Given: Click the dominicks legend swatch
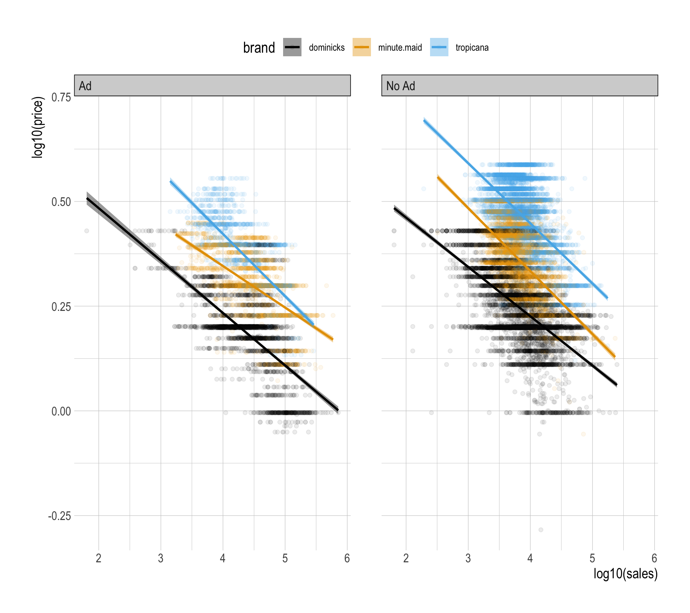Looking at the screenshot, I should pyautogui.click(x=292, y=47).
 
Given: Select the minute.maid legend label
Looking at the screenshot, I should pyautogui.click(x=400, y=48).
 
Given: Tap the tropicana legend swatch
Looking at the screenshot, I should pyautogui.click(x=439, y=47).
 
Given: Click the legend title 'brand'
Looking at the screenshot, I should pyautogui.click(x=259, y=48).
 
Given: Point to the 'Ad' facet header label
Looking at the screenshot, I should pyautogui.click(x=85, y=86).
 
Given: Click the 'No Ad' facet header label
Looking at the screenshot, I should pyautogui.click(x=401, y=86).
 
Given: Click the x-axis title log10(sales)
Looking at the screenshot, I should pyautogui.click(x=625, y=573).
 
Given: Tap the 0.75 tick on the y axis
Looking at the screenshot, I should pyautogui.click(x=61, y=97).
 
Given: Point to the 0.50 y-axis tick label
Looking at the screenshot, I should pyautogui.click(x=61, y=202).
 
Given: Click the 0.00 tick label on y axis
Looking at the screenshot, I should pyautogui.click(x=61, y=411).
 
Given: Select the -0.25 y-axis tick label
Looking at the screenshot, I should pyautogui.click(x=59, y=516).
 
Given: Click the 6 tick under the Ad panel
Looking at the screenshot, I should pyautogui.click(x=347, y=558).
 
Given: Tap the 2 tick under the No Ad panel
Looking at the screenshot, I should pyautogui.click(x=406, y=558).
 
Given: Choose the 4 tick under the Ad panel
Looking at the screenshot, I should pyautogui.click(x=223, y=558).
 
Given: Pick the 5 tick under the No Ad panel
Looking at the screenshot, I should pyautogui.click(x=592, y=558).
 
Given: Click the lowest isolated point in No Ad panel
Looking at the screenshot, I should pyautogui.click(x=541, y=530).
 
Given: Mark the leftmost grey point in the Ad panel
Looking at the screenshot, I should pyautogui.click(x=87, y=231).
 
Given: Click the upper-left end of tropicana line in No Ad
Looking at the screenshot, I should pyautogui.click(x=424, y=121).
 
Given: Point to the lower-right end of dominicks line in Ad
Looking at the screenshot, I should pyautogui.click(x=338, y=409).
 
